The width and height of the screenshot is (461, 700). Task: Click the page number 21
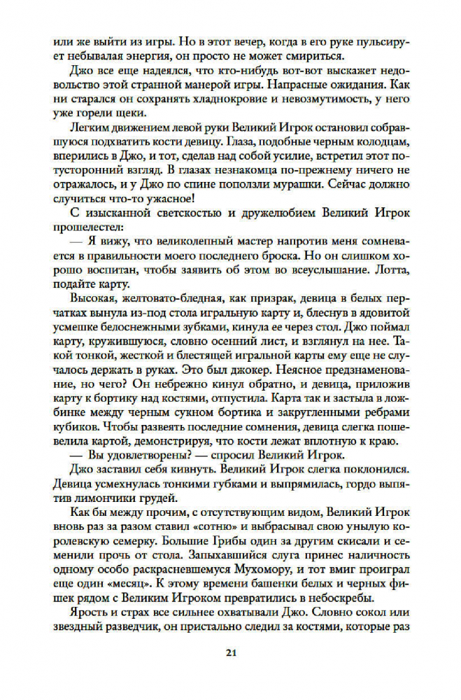(230, 654)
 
